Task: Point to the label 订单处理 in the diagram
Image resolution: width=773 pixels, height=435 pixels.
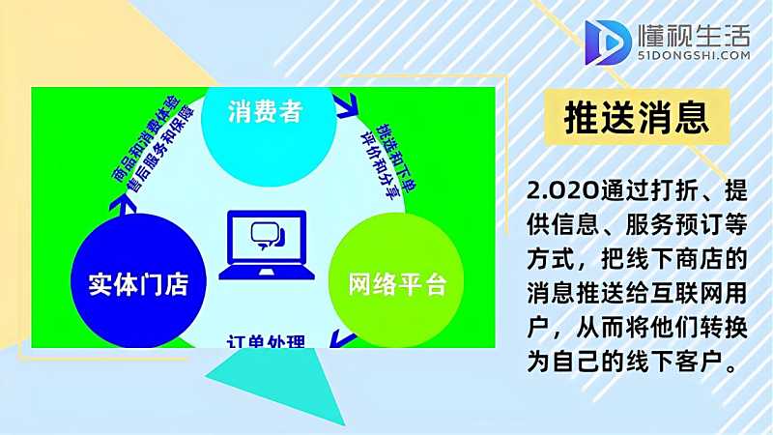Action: click(x=266, y=340)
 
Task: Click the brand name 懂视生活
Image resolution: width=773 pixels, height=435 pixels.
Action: click(x=694, y=36)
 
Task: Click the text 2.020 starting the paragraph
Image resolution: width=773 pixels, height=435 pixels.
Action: click(x=553, y=187)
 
